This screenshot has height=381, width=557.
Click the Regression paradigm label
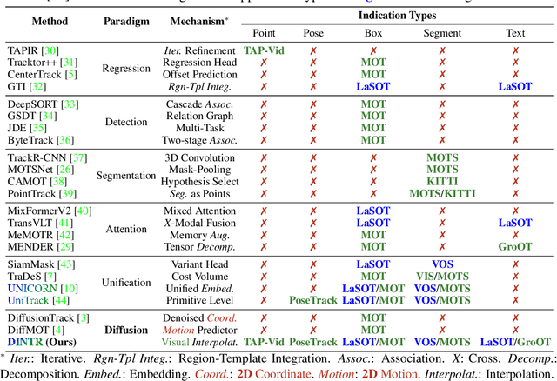126,70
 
